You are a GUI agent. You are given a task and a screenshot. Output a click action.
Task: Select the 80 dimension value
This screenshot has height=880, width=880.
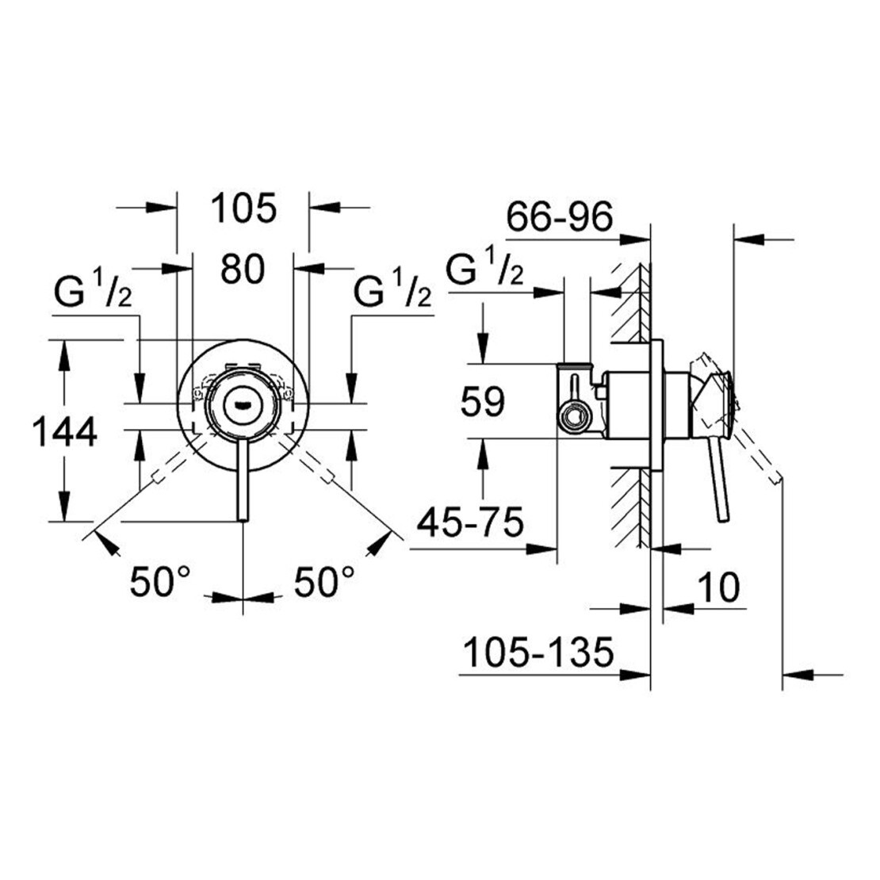pos(242,270)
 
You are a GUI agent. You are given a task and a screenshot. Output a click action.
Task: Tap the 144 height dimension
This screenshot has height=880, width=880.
pos(65,432)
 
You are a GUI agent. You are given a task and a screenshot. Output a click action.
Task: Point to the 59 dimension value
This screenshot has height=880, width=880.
pos(482,402)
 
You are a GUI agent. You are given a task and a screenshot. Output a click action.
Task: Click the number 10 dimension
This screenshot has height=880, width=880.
pos(718,587)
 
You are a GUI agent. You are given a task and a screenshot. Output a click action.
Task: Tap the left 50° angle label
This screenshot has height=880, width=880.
pos(161,583)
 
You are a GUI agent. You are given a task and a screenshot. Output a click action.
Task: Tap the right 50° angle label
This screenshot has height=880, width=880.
pos(325,583)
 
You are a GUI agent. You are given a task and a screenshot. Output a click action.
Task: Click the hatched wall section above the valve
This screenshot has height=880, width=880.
pos(632,301)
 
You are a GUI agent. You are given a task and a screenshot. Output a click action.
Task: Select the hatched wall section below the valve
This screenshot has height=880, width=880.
pos(632,507)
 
